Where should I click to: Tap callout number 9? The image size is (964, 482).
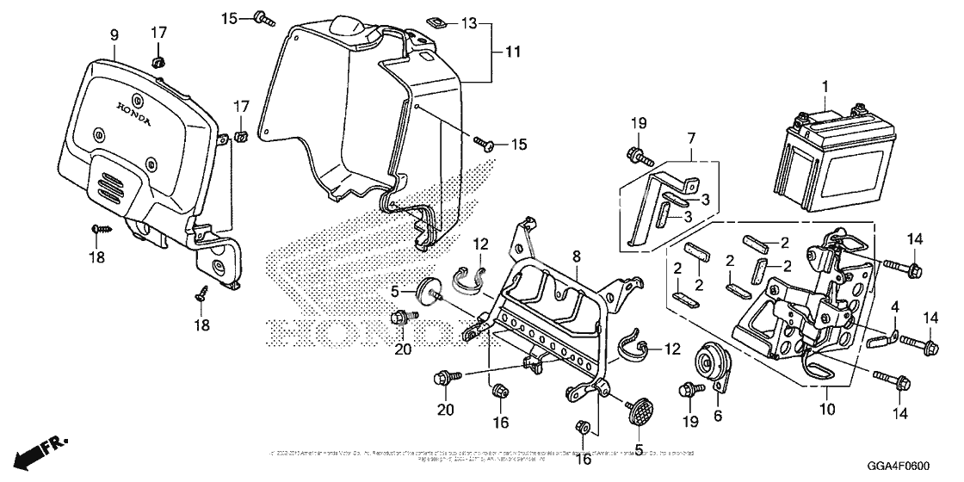coord(114,34)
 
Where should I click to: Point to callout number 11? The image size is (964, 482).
coord(513,53)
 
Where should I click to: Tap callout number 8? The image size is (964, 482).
coord(577,255)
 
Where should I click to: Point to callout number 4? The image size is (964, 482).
coord(894,306)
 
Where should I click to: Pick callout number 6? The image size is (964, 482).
coord(718,414)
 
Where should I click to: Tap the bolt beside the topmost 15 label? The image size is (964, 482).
coord(263,16)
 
